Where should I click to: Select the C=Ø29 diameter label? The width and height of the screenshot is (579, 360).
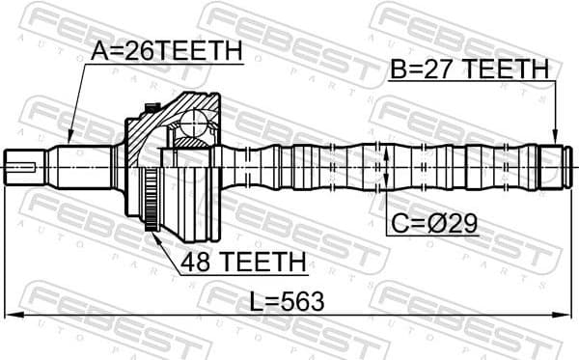(x=433, y=226)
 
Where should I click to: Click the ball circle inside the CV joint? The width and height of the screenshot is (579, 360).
(x=199, y=125)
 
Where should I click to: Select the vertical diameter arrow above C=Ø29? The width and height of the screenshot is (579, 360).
(x=385, y=166)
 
